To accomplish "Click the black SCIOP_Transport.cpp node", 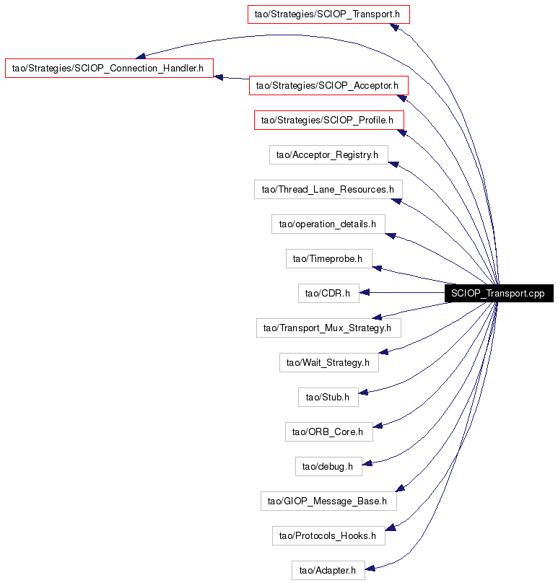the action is click(499, 294).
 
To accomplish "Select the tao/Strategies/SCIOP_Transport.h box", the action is click(328, 14).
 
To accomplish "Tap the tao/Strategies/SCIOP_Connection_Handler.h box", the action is click(110, 68).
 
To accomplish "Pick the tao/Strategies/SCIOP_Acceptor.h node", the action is click(328, 86).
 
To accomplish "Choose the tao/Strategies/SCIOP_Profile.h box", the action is click(329, 120).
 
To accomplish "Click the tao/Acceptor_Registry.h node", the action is click(328, 154).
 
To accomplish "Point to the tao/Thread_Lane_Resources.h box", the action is click(328, 189).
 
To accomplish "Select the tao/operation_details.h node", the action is click(328, 224).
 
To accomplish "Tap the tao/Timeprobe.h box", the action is click(329, 258).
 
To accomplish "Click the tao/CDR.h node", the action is click(328, 294).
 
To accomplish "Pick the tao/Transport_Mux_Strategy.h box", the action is click(328, 328).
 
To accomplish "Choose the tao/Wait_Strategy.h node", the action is click(329, 362).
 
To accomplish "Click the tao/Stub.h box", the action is click(328, 397).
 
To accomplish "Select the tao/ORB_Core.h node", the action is click(329, 431).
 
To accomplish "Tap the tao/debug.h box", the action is click(328, 466).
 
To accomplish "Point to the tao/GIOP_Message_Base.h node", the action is click(328, 501).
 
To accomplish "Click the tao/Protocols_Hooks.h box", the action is click(328, 536).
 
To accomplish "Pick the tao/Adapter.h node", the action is click(328, 570).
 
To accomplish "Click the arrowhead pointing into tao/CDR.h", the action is click(365, 293).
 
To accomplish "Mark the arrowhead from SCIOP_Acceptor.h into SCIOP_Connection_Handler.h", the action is click(219, 77).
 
